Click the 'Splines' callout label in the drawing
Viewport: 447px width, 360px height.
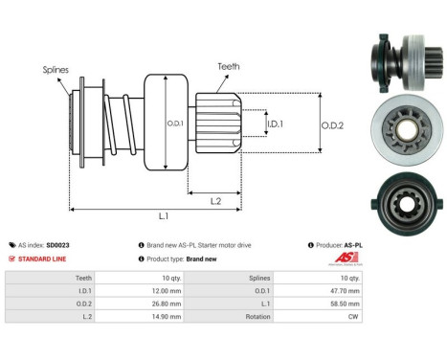[55, 70]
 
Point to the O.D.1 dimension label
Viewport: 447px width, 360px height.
[174, 122]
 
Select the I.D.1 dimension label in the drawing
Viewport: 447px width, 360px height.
[273, 124]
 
